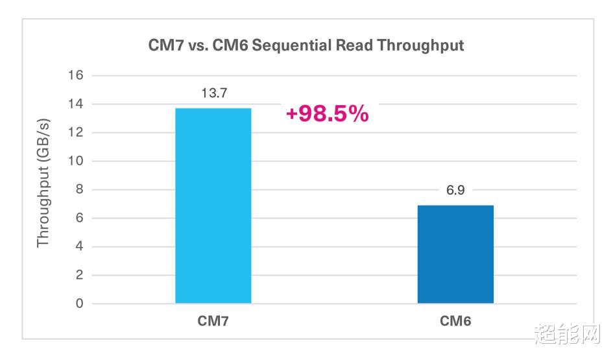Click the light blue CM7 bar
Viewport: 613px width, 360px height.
pos(213,206)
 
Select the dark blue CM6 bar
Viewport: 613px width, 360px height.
pos(455,254)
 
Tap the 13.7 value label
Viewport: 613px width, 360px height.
pos(214,93)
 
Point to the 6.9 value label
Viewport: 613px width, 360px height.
pos(455,190)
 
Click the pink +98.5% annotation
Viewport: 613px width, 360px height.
pos(327,114)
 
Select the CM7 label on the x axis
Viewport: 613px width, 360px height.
pos(213,321)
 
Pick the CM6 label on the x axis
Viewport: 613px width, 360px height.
pos(455,321)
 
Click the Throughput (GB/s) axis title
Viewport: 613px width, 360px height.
pos(43,182)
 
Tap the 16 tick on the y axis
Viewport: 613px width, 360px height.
pos(76,75)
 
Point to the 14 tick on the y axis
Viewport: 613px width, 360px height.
pos(76,104)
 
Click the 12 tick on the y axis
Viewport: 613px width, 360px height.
pos(76,132)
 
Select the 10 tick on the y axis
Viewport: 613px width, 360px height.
pos(76,161)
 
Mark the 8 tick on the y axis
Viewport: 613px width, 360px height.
pos(79,189)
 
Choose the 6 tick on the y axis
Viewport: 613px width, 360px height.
pos(79,218)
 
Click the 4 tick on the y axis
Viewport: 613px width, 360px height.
pos(79,246)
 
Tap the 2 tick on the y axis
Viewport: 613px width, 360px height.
pos(79,275)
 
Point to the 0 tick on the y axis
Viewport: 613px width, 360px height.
pos(79,304)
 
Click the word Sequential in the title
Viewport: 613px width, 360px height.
pos(292,46)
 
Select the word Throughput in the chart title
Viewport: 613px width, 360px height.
pos(420,46)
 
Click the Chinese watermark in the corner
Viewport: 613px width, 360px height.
pos(567,334)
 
